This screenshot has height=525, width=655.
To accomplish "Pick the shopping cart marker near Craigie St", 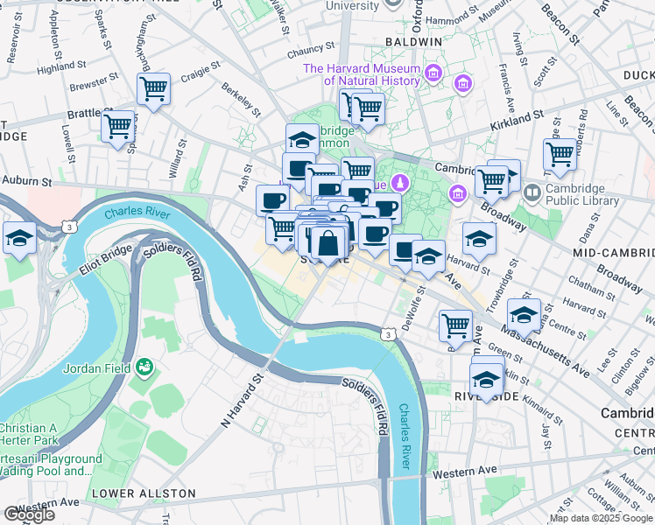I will coord(153,89).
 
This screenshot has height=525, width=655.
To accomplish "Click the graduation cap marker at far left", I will coord(18,237).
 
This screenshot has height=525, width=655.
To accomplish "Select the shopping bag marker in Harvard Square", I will coord(328,242).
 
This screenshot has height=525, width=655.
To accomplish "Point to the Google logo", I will coord(28,514).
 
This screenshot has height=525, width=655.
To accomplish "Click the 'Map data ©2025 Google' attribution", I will coord(601,518).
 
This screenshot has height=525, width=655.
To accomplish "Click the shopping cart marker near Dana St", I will coord(560,154).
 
